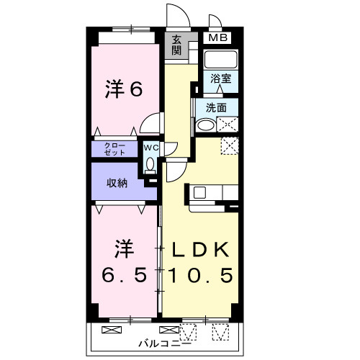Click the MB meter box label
pyautogui.click(x=217, y=38)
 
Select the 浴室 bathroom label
pyautogui.click(x=221, y=79)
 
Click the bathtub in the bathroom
pyautogui.click(x=221, y=59)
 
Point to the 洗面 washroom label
pyautogui.click(x=216, y=108)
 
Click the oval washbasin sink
pyautogui.click(x=204, y=125)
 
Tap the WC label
pyautogui.click(x=150, y=148)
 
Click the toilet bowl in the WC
pyautogui.click(x=150, y=164)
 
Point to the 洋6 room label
pyautogui.click(x=124, y=90)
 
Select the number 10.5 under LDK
pyautogui.click(x=200, y=276)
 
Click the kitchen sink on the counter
pyautogui.click(x=199, y=193)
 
